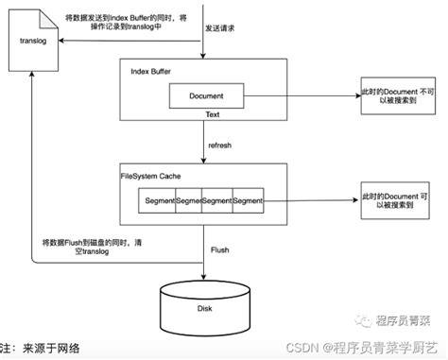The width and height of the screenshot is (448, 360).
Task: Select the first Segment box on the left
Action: coord(158,201)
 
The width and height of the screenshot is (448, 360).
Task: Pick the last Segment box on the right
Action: coord(248,201)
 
